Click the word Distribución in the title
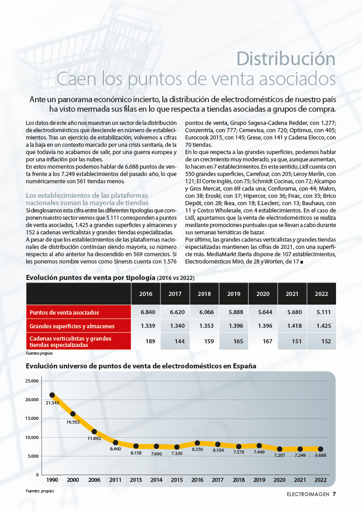click(x=285, y=59)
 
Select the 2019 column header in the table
click(x=234, y=294)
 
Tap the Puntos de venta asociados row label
click(x=64, y=312)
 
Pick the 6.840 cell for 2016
click(x=148, y=312)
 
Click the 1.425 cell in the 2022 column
click(x=324, y=326)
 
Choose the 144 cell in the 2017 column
click(x=180, y=341)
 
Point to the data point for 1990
click(x=52, y=395)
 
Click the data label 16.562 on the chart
click(x=73, y=422)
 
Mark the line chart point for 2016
click(x=197, y=443)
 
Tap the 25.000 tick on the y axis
click(x=32, y=381)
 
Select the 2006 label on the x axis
click(x=94, y=480)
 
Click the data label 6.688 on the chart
click(x=321, y=455)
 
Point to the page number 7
click(x=334, y=494)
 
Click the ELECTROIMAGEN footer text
click(x=308, y=494)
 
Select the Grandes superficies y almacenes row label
click(x=72, y=326)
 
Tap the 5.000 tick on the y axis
click(x=33, y=456)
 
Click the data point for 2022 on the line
click(x=321, y=449)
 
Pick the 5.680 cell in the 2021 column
click(x=295, y=312)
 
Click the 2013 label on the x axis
click(x=136, y=480)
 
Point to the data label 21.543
click(x=52, y=403)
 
